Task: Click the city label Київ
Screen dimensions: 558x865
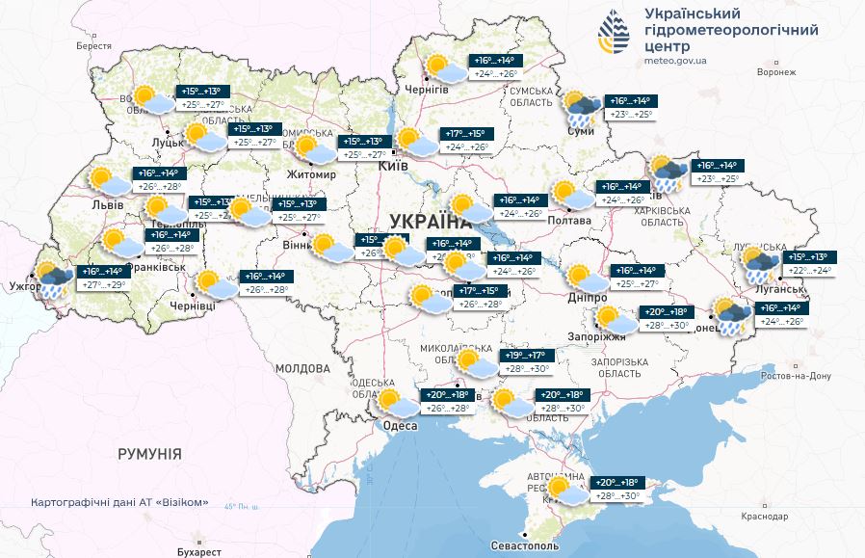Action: tap(394, 166)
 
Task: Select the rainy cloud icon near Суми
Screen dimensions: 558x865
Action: tap(581, 108)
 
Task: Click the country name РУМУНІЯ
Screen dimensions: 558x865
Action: tap(149, 453)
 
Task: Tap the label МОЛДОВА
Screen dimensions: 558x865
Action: tap(302, 368)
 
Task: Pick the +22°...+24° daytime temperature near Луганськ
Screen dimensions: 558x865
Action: tap(809, 272)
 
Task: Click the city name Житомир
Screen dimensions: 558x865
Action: tap(311, 174)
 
